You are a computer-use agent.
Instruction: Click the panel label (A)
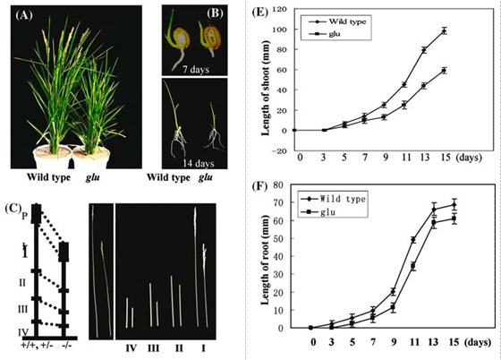24,15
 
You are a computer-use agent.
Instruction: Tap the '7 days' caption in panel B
196,69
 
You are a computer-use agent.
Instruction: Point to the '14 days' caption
199,163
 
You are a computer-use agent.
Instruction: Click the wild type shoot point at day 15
444,31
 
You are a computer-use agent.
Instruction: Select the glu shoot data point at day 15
444,71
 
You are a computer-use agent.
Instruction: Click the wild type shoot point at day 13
424,50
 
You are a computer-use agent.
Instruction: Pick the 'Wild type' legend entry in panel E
347,21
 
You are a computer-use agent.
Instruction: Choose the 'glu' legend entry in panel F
327,212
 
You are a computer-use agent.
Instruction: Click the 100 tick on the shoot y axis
281,30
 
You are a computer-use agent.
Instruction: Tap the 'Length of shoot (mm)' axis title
265,88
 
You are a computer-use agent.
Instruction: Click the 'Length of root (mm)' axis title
265,260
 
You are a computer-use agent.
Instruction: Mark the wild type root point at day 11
413,240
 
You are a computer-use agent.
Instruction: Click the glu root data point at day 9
394,308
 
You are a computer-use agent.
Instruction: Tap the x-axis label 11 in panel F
414,342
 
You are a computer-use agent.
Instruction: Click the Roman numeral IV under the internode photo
132,347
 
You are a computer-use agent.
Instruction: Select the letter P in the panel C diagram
24,216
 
